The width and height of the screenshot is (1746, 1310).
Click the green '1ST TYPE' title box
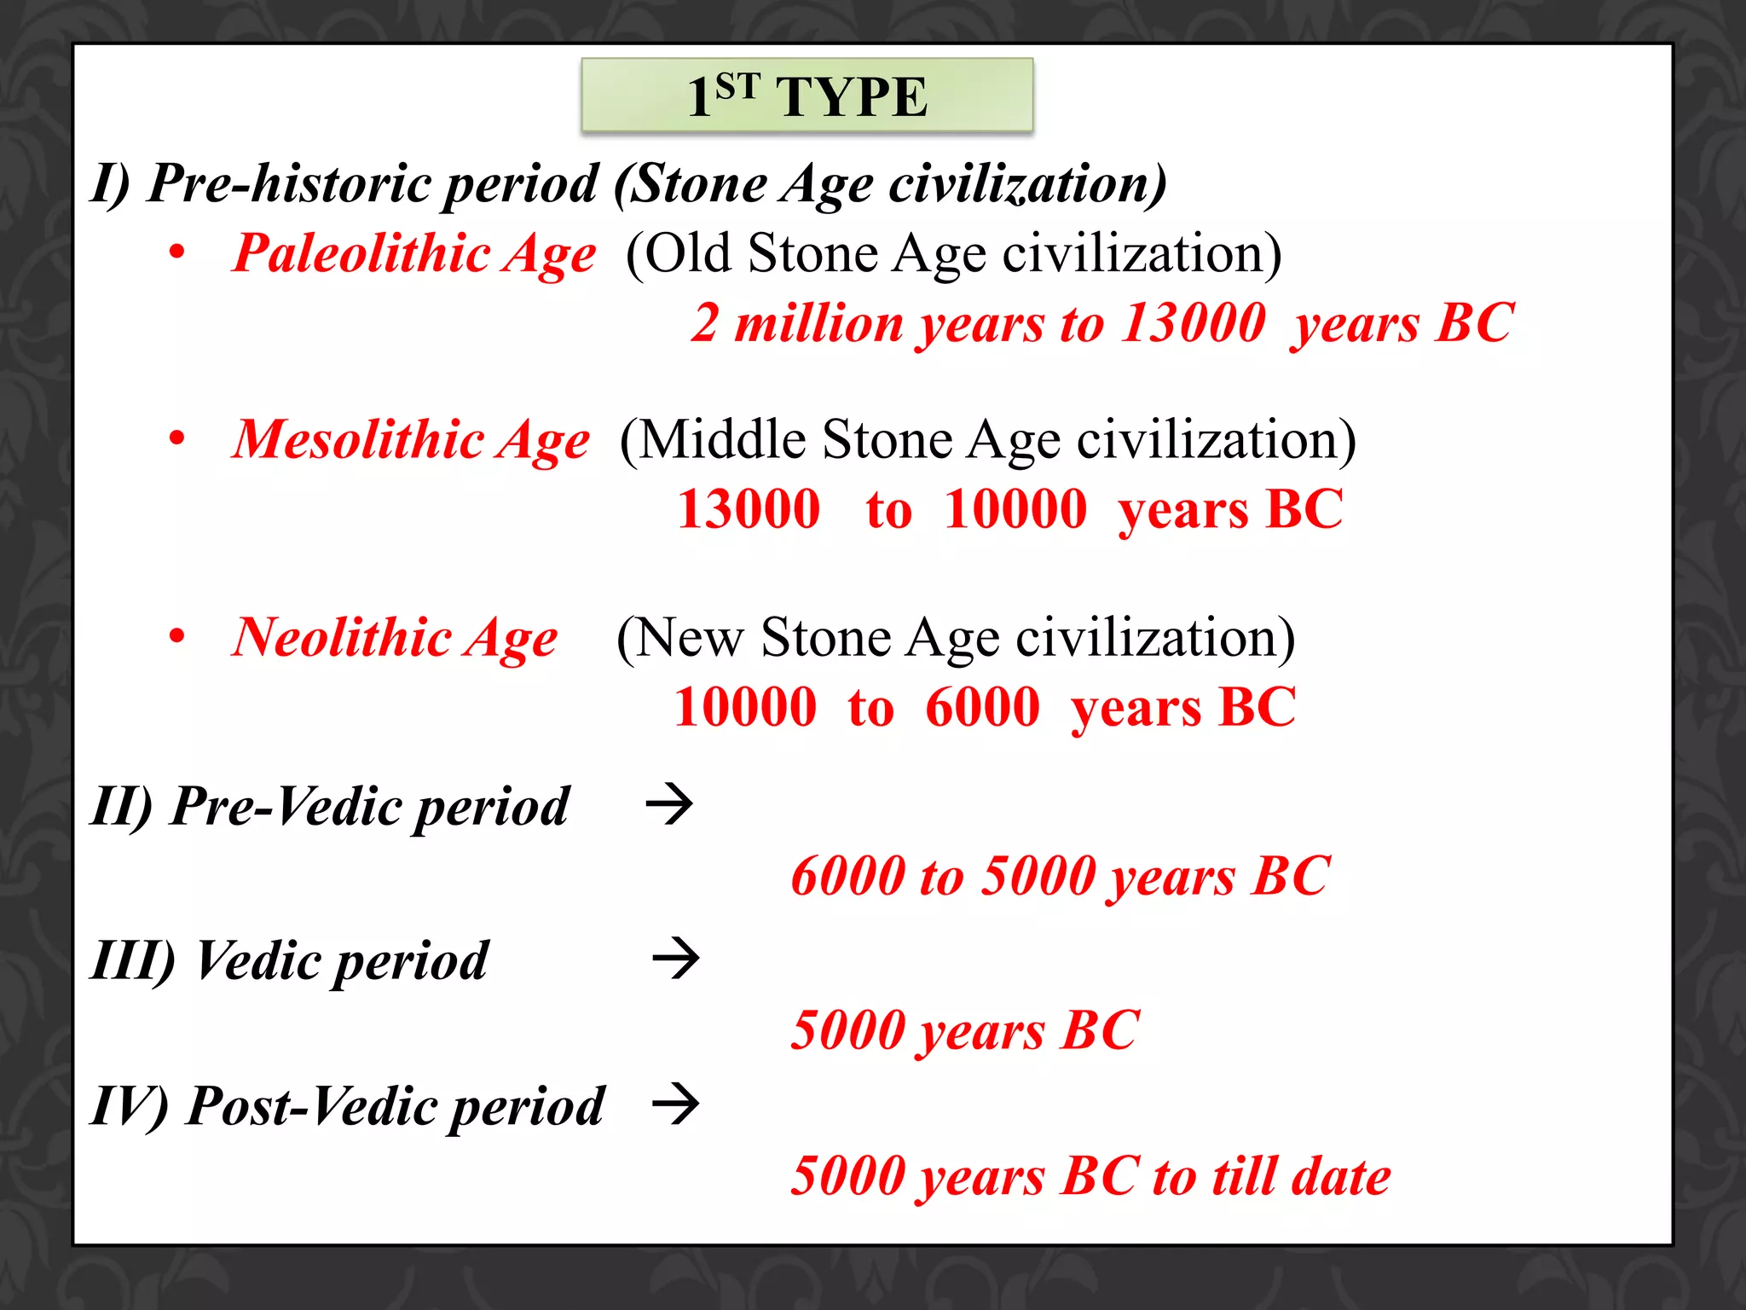807,96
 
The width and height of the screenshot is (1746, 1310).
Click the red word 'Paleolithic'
361,254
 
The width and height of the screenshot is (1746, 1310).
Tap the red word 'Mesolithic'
358,441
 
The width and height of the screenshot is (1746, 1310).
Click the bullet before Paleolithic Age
176,252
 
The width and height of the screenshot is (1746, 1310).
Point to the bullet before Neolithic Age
176,636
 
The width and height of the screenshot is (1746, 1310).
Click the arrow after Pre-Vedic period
670,804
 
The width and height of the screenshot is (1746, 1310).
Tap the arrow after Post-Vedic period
675,1104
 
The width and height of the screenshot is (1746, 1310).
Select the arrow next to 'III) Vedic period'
675,959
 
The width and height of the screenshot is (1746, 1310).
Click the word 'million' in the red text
818,324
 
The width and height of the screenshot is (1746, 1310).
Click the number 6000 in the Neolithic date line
982,708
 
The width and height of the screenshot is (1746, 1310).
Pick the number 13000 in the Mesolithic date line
749,510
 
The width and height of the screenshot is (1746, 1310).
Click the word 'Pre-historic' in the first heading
290,184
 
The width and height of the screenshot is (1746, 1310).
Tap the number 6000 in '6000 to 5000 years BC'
847,877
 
